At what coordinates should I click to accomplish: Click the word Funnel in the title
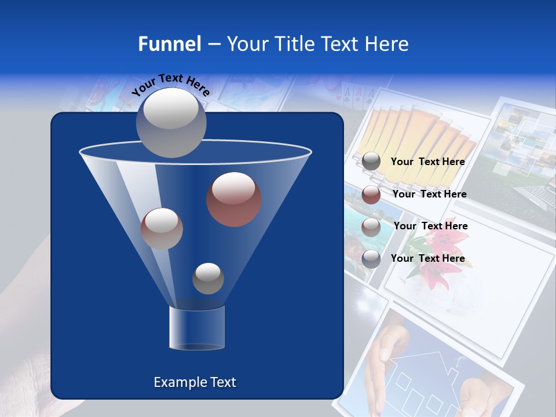coord(169,44)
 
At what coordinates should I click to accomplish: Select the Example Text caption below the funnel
coord(195,382)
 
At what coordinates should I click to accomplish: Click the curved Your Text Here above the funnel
coord(171,85)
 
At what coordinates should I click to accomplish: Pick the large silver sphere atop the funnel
coord(171,122)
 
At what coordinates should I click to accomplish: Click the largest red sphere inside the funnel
coord(234,199)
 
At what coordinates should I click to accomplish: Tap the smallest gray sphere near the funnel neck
coord(208,279)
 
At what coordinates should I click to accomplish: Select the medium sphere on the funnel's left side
coord(162,228)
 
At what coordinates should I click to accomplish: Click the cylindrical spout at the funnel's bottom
coord(197,328)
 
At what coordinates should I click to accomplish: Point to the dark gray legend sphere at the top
coord(371,162)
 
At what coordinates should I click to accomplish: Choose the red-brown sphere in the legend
coord(371,194)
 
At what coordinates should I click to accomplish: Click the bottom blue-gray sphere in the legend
coord(371,258)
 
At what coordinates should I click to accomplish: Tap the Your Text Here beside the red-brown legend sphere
coord(429,194)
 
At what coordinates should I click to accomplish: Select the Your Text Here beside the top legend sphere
coord(427,162)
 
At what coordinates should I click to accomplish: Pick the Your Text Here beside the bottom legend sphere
coord(427,258)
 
